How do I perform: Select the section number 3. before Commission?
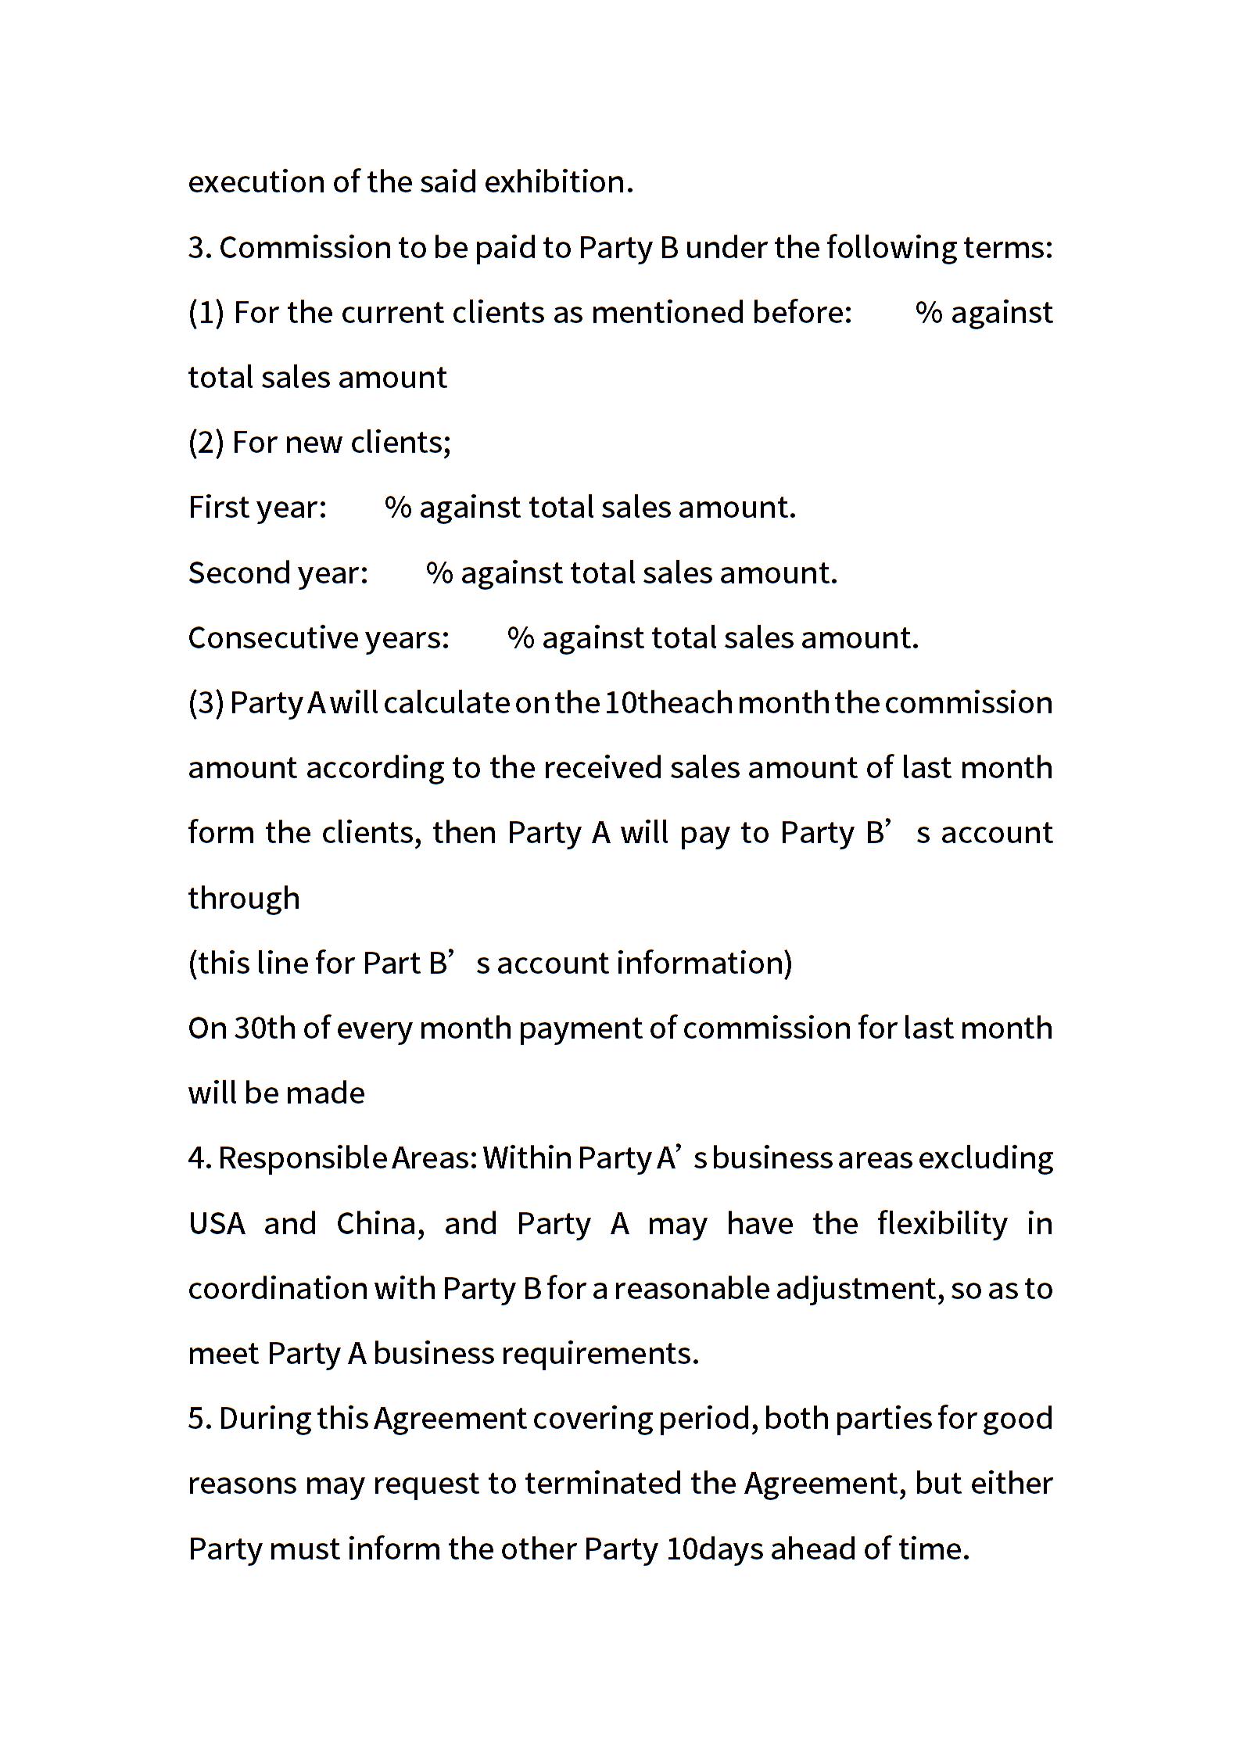pyautogui.click(x=200, y=248)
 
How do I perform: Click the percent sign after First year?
pyautogui.click(x=398, y=508)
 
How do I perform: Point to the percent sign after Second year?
pyautogui.click(x=439, y=573)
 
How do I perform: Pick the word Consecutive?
pyautogui.click(x=273, y=638)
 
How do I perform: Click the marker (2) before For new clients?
pyautogui.click(x=206, y=443)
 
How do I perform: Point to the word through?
pyautogui.click(x=244, y=899)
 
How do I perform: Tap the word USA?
pyautogui.click(x=217, y=1224)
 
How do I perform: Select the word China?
pyautogui.click(x=380, y=1224)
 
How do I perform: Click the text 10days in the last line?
pyautogui.click(x=715, y=1549)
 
